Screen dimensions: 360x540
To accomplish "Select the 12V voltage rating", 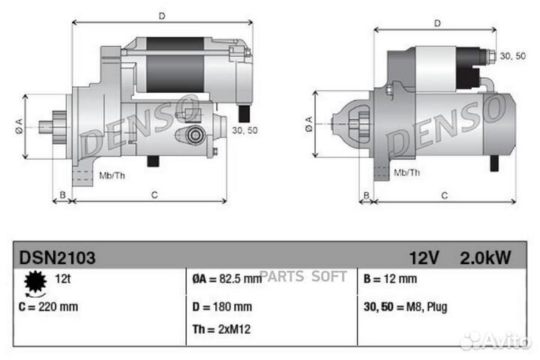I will coord(424,257).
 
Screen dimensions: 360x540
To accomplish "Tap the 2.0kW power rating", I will coord(485,257).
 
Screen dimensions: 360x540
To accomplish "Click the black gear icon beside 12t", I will coord(35,282).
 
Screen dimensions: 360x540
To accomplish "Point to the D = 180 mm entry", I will coord(222,307).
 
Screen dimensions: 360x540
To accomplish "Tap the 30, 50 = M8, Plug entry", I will coord(404,307).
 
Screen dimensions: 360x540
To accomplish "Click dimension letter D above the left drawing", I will coord(162,15).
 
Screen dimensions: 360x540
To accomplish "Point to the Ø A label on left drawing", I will coord(19,127).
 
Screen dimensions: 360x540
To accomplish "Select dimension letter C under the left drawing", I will coord(154,196).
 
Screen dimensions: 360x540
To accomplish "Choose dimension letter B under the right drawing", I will coord(366,196).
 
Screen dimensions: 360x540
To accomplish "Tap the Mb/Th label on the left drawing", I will coord(112,175).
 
